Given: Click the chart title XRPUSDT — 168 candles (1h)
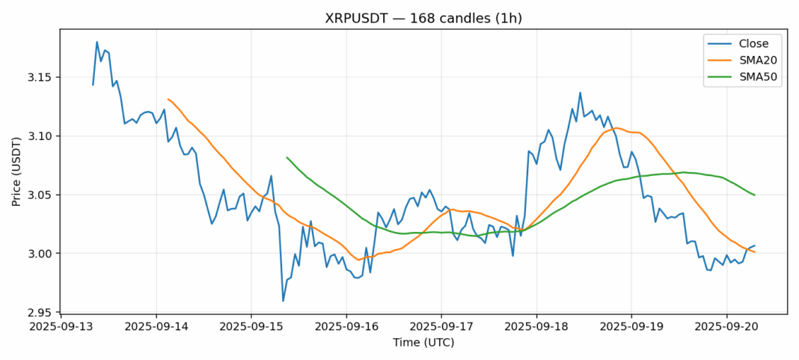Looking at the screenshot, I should point(423,19).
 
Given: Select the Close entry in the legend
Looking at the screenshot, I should point(748,43).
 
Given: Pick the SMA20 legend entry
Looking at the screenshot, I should point(752,61).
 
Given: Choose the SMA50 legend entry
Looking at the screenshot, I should point(752,78).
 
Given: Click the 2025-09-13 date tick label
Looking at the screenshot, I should point(61,327).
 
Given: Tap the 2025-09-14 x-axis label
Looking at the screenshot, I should point(156,327).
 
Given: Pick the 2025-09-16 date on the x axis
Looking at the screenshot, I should point(346,327).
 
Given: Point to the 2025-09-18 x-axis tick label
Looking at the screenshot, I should point(536,327).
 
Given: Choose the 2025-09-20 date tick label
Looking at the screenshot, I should point(726,327).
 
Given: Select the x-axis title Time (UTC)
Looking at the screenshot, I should point(423,343).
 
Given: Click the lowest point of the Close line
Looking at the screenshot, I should point(283,301).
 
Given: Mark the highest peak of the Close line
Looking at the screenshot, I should point(97,42).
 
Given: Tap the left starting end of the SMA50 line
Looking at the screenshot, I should point(287,157).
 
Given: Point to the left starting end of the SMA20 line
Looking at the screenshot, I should point(168,99).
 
